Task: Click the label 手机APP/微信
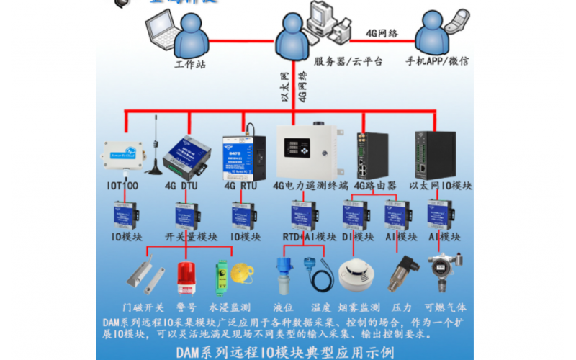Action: [x=437, y=62]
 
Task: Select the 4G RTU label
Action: [x=240, y=186]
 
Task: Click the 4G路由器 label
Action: [x=375, y=186]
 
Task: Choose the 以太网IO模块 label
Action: [x=441, y=186]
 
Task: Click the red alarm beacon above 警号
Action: [x=186, y=276]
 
